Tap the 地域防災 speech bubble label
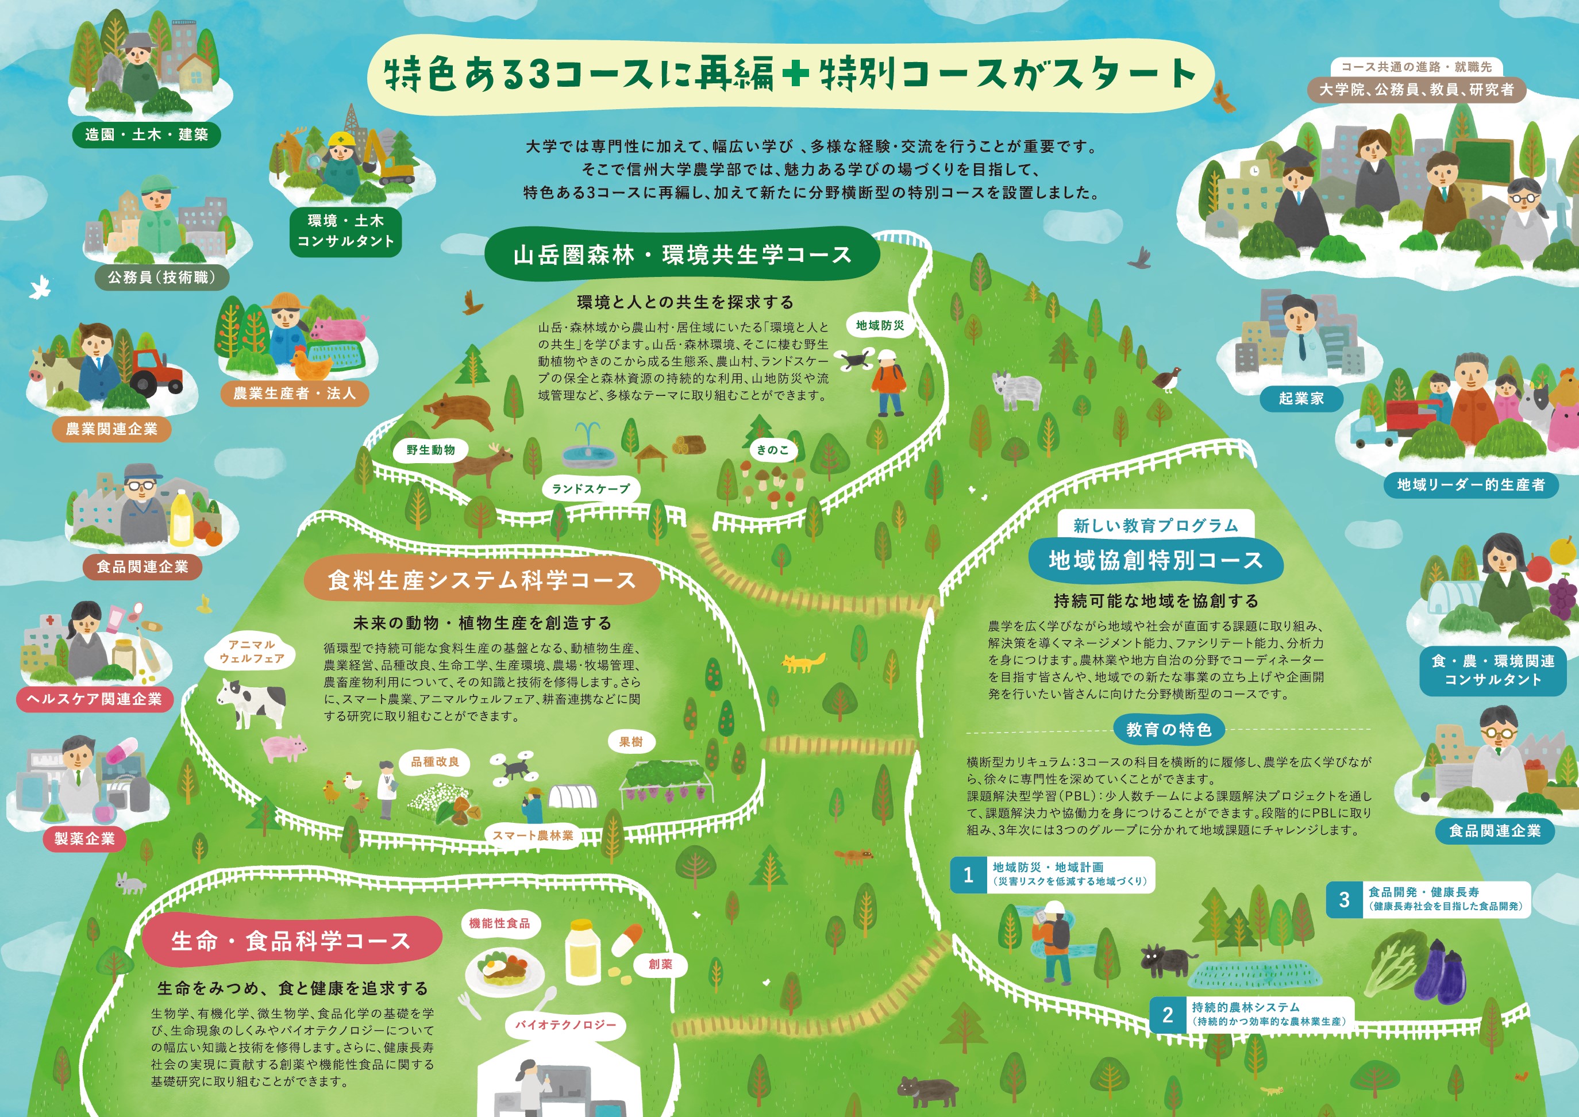[880, 325]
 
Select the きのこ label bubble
[773, 450]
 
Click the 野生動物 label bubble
[430, 450]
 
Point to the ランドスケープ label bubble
[591, 489]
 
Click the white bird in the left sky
[41, 287]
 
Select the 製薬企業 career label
[84, 839]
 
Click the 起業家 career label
[1301, 398]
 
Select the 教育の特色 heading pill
[1168, 730]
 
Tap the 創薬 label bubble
[660, 964]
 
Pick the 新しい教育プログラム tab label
[1156, 526]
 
